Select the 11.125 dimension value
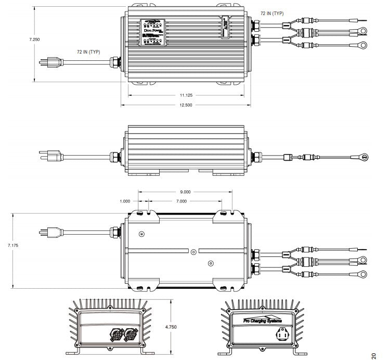[186, 96]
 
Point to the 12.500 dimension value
[186, 105]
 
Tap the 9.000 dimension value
[185, 192]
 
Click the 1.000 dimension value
[125, 201]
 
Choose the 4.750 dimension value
[171, 327]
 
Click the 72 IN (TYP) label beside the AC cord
[88, 52]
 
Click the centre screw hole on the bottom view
[193, 252]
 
